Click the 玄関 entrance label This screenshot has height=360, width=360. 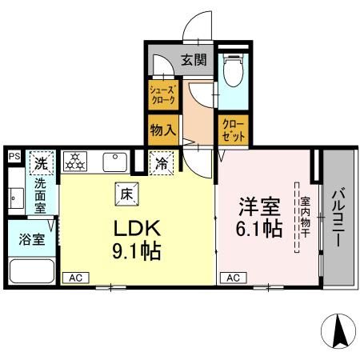[x=194, y=60]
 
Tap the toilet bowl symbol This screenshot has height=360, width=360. [x=234, y=70]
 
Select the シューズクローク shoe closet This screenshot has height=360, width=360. [x=163, y=95]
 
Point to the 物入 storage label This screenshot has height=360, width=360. [x=163, y=130]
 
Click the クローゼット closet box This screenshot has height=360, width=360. [x=234, y=130]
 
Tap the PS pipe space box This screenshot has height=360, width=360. [x=14, y=156]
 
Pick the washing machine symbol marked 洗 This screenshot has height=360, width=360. [x=42, y=163]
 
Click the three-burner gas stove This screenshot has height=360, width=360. [x=75, y=162]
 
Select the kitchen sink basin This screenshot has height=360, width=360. [x=115, y=162]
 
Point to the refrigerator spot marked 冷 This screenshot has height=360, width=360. [x=162, y=163]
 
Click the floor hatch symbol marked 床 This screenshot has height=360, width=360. [x=127, y=194]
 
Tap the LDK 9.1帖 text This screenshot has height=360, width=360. [x=137, y=239]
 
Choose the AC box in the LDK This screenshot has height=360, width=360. [x=76, y=278]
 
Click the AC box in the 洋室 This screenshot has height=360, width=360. [x=234, y=278]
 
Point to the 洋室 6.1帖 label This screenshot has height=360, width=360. [x=259, y=217]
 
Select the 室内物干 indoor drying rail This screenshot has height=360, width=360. [x=297, y=218]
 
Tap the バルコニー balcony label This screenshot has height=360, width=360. [x=338, y=217]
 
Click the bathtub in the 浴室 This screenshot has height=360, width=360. [x=32, y=271]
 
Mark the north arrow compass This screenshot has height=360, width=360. [x=338, y=330]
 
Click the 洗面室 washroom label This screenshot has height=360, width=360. [x=40, y=196]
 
